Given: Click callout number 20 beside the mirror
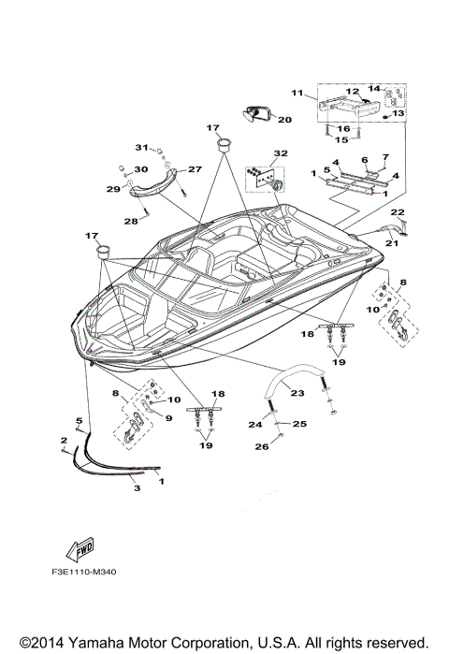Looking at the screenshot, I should [x=284, y=119].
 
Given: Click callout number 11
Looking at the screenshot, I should [x=297, y=93].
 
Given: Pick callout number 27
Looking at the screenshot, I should [x=196, y=169].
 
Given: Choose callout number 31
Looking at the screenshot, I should [x=142, y=148].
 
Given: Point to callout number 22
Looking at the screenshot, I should [x=397, y=212].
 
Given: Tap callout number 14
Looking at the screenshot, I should [x=372, y=89].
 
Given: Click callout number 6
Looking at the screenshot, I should [x=365, y=160].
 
